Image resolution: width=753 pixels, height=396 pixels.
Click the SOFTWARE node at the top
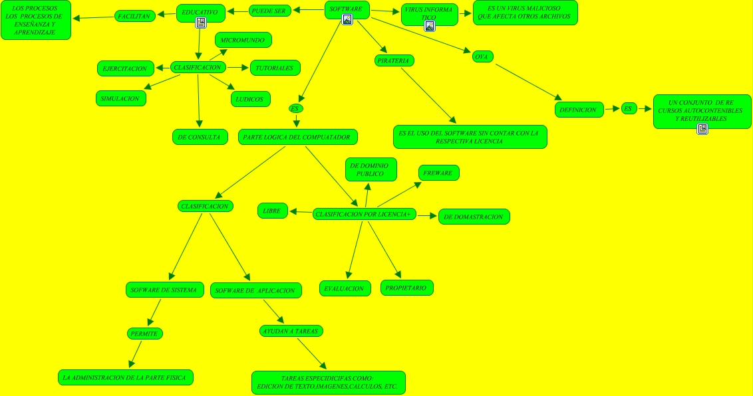(347, 9)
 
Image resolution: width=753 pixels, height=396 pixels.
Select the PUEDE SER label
(269, 11)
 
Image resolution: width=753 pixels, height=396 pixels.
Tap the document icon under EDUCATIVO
(200, 23)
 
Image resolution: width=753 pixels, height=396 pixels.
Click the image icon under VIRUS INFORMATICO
(430, 26)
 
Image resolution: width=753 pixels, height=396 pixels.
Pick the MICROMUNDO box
(243, 41)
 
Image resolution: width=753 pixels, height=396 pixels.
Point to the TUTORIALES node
(275, 67)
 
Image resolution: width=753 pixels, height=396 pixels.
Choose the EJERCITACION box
(125, 68)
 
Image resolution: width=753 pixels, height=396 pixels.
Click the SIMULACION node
(120, 98)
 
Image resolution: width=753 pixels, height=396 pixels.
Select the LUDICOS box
(250, 99)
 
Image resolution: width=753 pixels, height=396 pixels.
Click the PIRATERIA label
(393, 60)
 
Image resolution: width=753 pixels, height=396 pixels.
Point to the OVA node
(482, 56)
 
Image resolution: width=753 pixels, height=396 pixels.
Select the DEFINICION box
(578, 110)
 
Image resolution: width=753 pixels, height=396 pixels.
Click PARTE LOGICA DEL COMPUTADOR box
(297, 137)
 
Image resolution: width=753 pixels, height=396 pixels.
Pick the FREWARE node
(438, 173)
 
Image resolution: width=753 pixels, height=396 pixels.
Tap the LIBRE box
(272, 211)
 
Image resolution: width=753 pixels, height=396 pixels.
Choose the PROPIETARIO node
(407, 287)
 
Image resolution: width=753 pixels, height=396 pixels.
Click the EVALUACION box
(345, 288)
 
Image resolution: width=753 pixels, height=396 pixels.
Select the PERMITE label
(144, 333)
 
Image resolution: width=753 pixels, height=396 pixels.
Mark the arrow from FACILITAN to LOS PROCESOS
(93, 17)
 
